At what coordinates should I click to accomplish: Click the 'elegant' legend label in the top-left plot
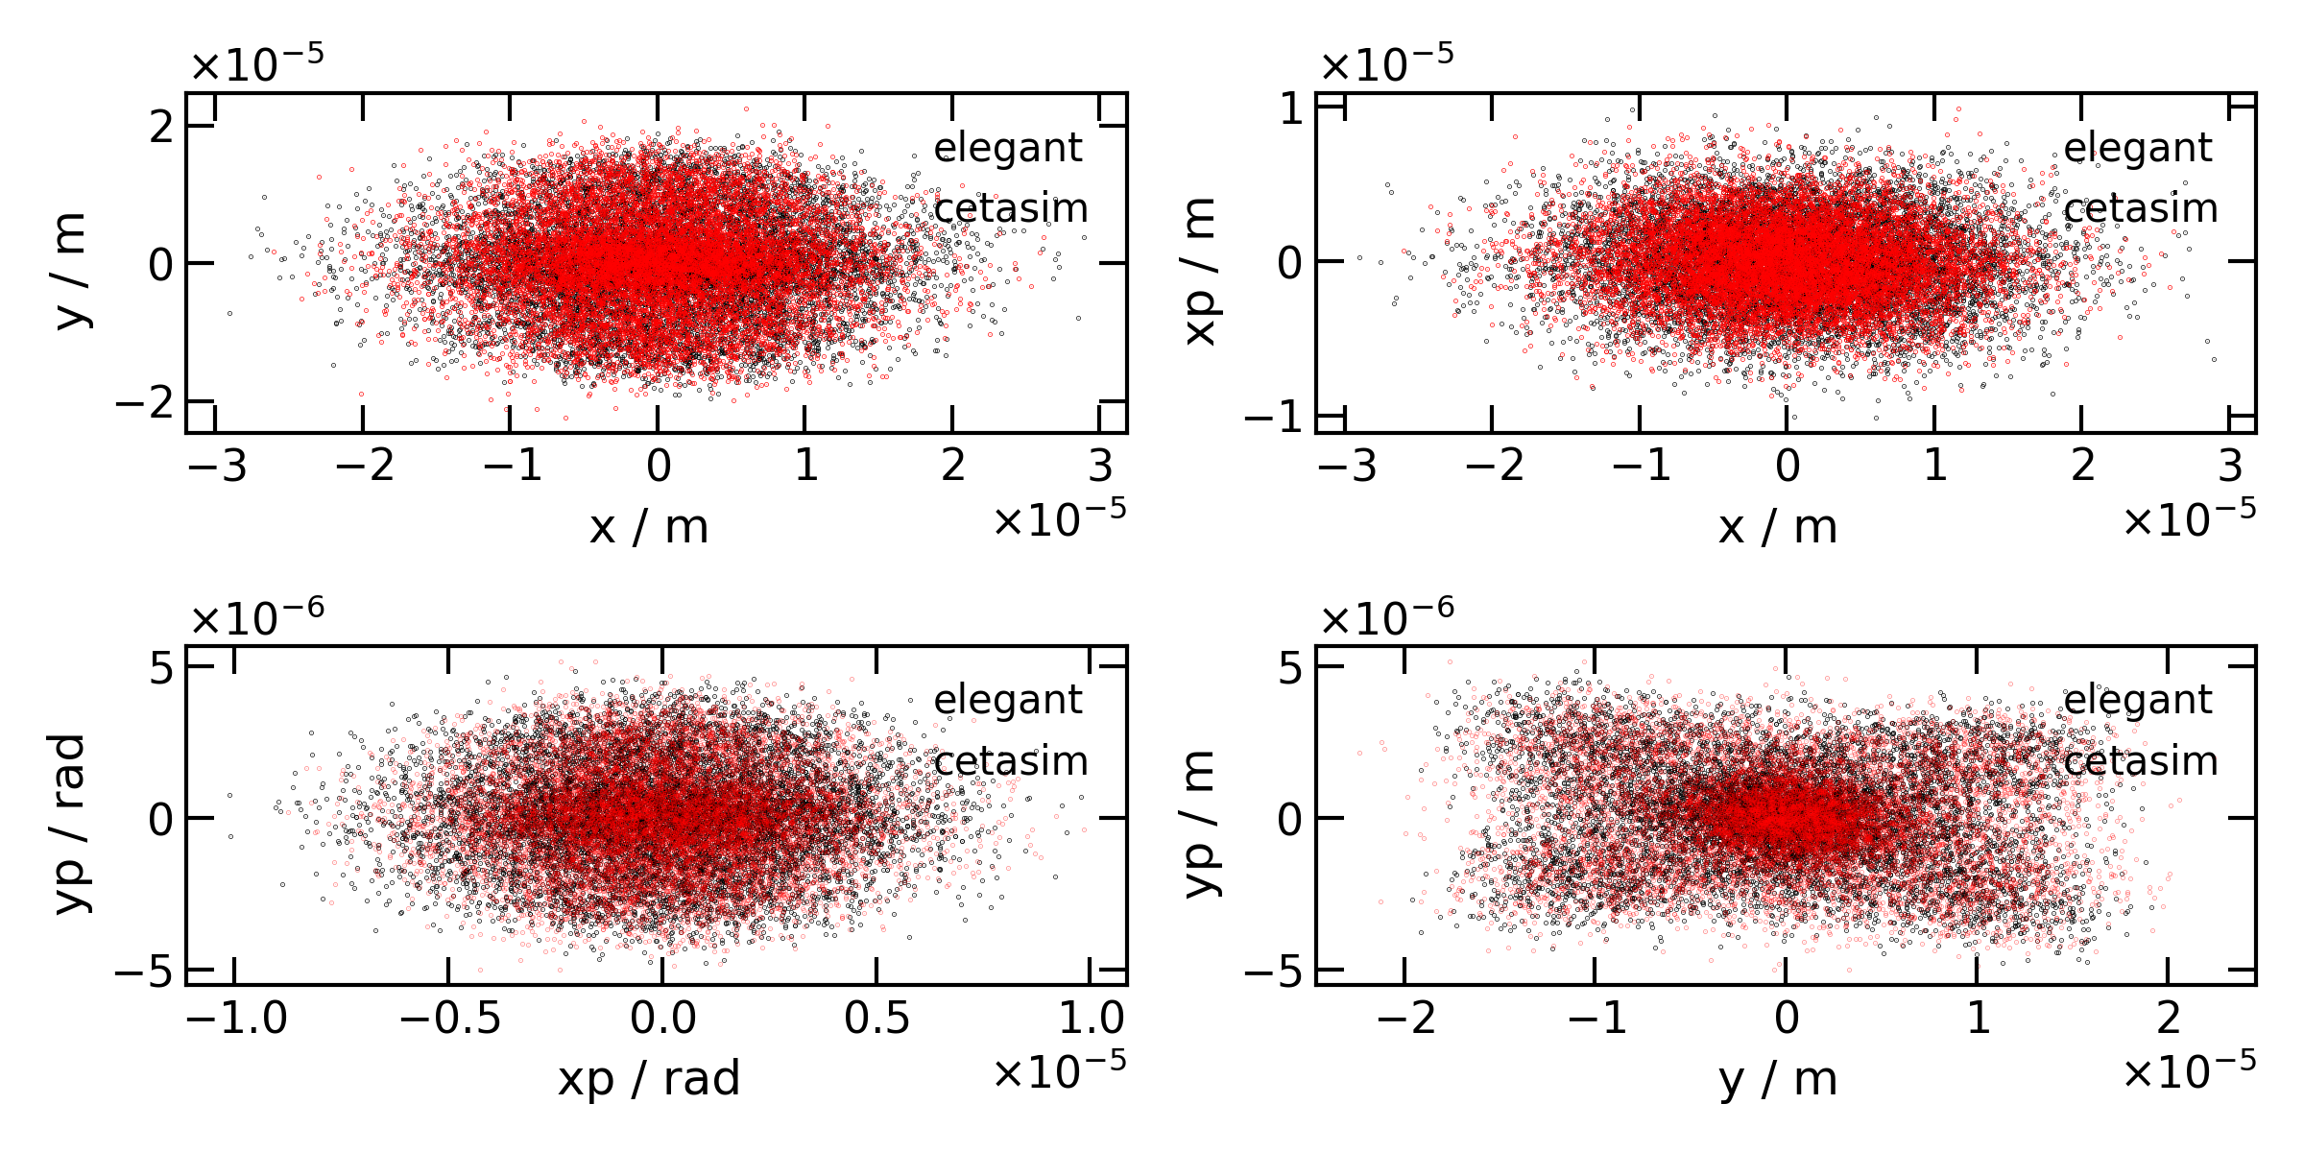click(1007, 148)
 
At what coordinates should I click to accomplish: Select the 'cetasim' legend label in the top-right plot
click(2140, 208)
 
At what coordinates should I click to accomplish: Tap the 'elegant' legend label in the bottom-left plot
click(1007, 700)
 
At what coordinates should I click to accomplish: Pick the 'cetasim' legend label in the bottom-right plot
click(2140, 761)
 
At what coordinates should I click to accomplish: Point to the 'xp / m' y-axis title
click(1200, 271)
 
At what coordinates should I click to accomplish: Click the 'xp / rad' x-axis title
click(649, 1079)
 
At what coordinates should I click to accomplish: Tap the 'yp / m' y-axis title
click(1200, 823)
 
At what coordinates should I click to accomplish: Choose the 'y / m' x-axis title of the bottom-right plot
click(1778, 1079)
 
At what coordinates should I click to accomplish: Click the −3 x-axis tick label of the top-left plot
click(217, 467)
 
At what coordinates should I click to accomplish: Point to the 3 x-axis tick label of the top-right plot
click(2229, 467)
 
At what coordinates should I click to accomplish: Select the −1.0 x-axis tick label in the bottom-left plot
click(236, 1019)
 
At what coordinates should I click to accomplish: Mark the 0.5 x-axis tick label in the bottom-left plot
click(876, 1019)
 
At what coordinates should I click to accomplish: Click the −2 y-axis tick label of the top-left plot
click(144, 401)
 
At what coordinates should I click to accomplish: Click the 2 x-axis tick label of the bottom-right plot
click(2169, 1019)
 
